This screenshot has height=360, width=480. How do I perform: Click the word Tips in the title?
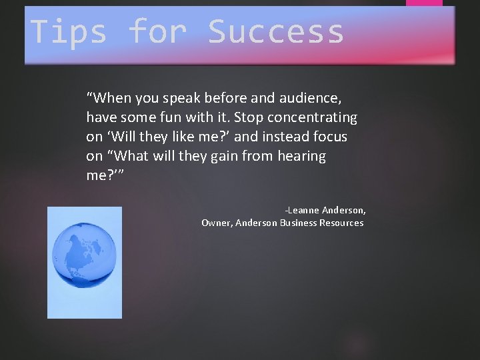point(68,32)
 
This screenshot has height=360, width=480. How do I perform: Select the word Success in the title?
point(276,32)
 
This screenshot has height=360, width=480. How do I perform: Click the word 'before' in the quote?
point(227,99)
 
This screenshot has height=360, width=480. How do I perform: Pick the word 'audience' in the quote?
point(310,99)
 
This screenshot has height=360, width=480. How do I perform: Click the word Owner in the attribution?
point(215,223)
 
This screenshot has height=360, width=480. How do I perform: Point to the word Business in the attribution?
point(298,223)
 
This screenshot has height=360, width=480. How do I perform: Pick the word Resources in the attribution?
point(341,223)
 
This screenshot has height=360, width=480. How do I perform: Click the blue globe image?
point(85,262)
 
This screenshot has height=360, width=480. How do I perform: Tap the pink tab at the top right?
point(424,3)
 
